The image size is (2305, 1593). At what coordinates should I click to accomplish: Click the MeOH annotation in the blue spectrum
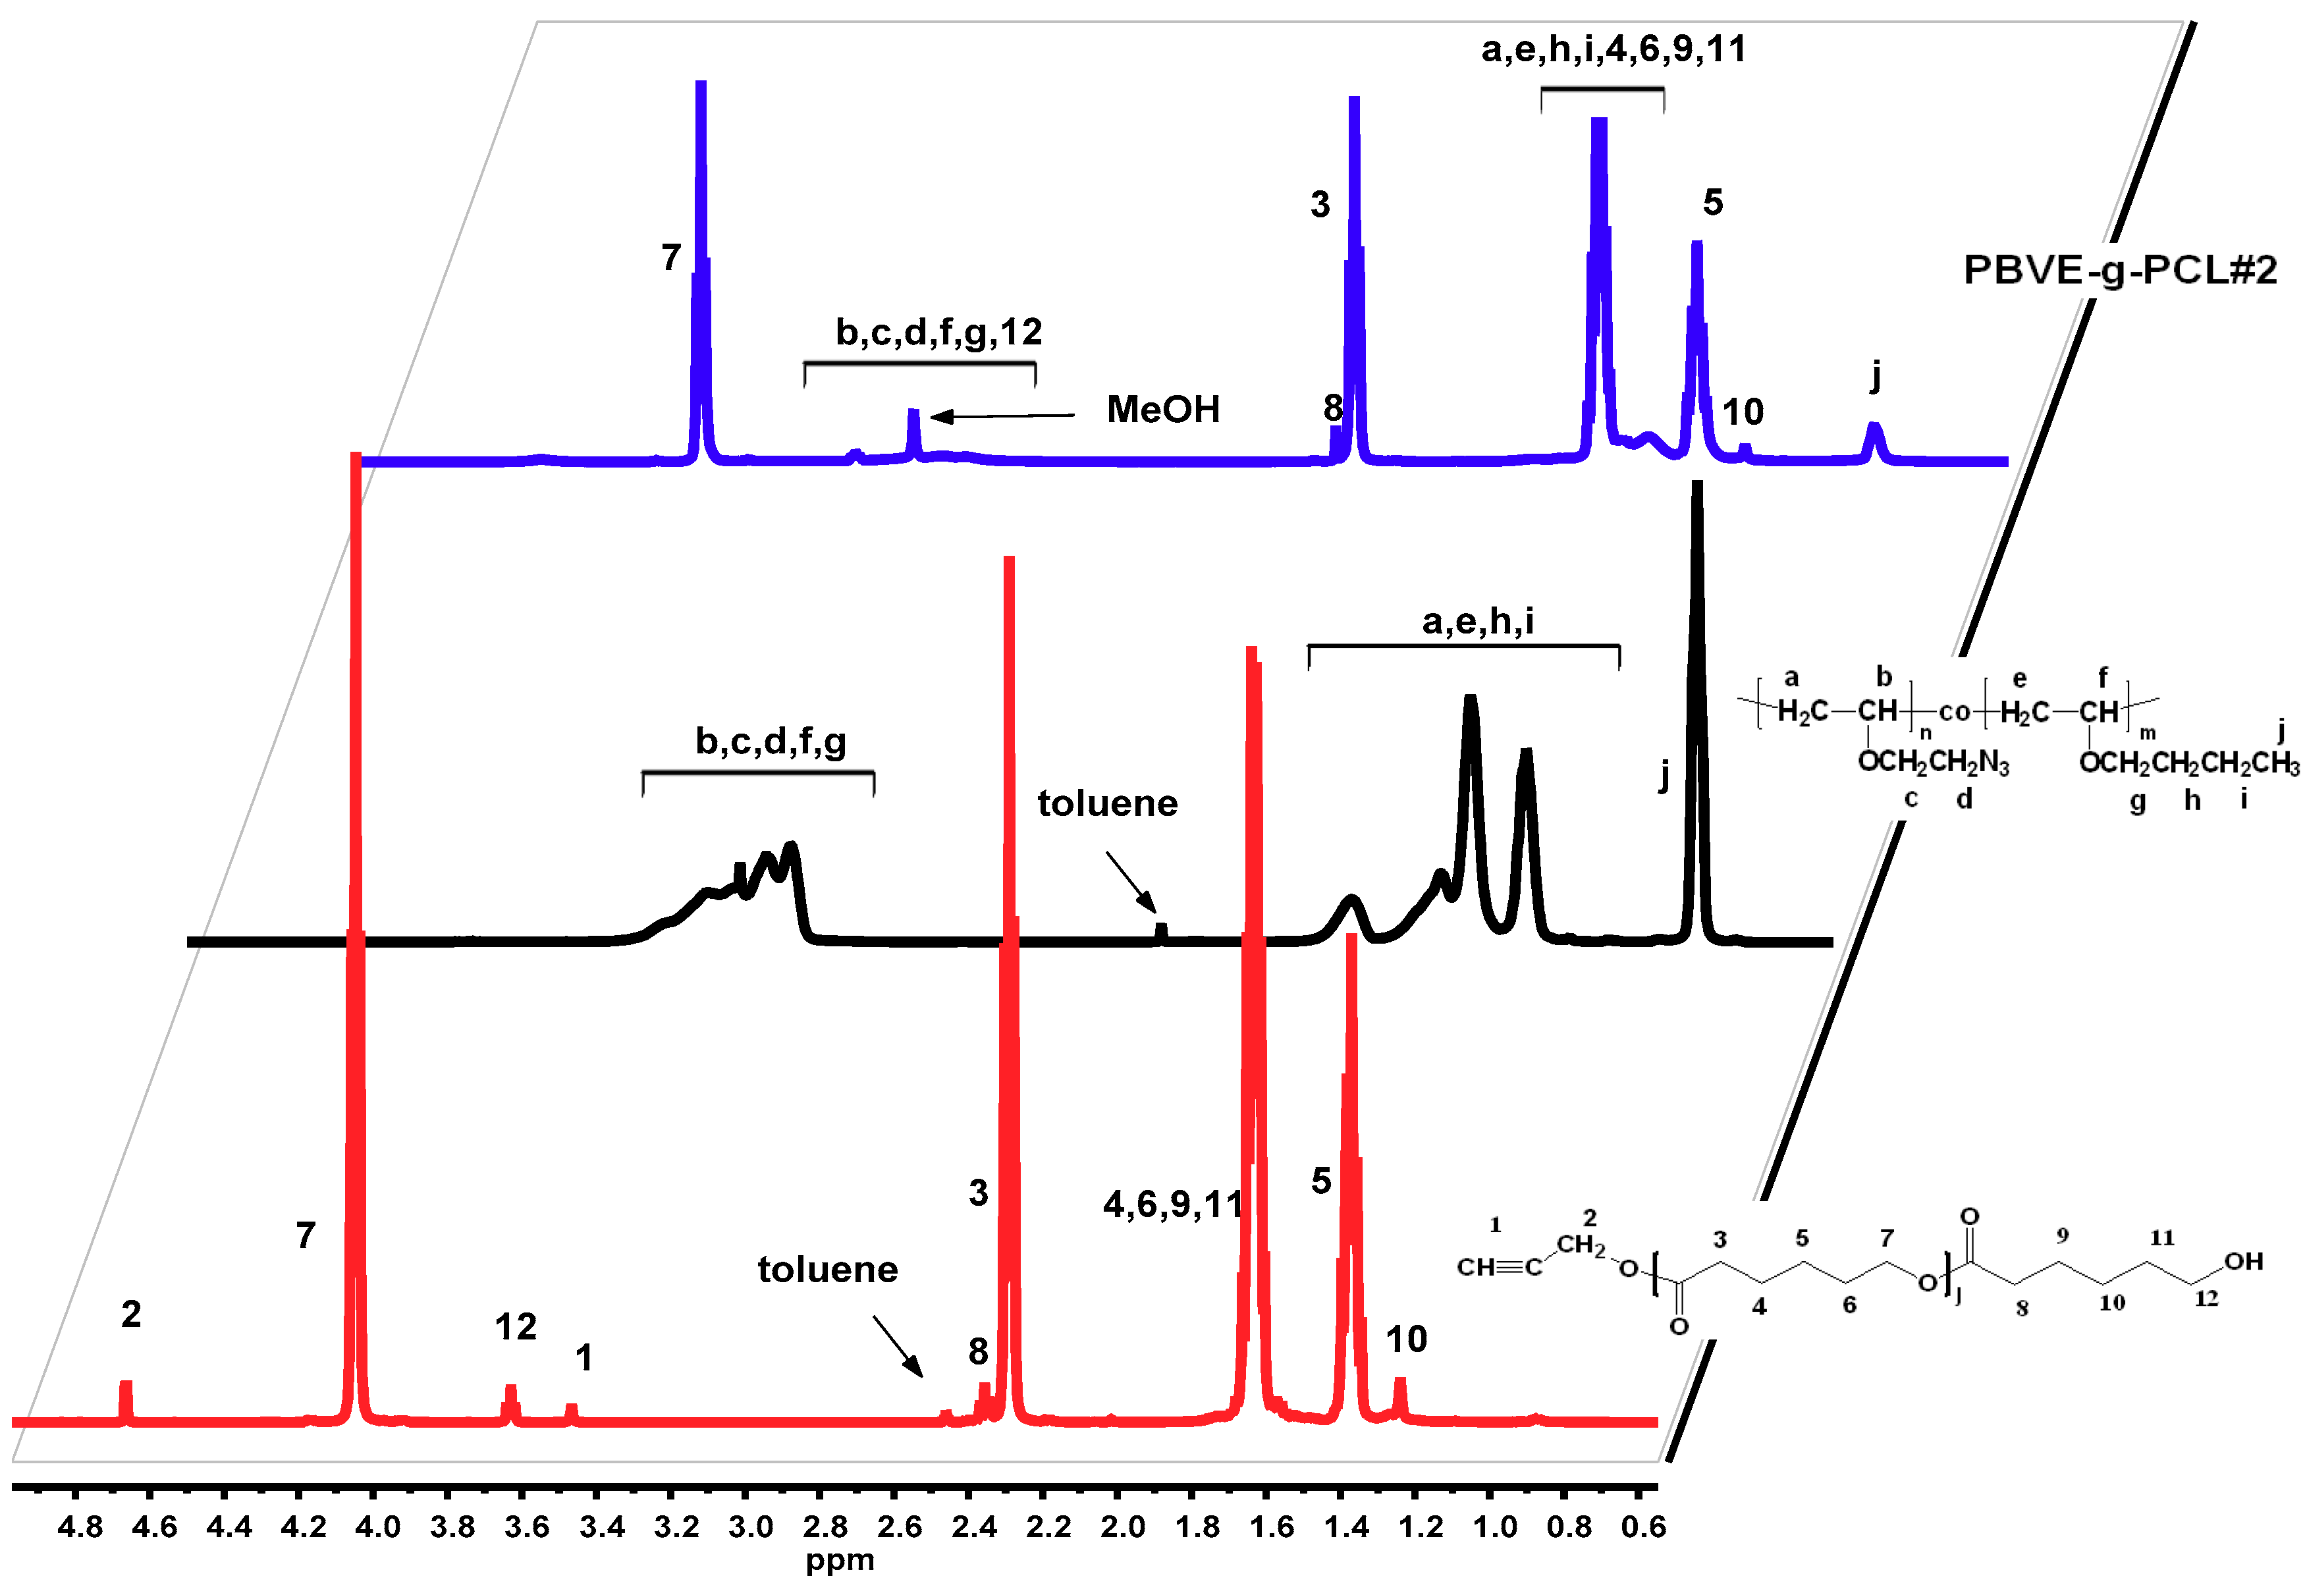click(1163, 409)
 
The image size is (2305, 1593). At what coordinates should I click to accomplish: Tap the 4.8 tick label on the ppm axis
click(80, 1527)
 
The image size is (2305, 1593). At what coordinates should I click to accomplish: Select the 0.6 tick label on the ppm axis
click(1643, 1527)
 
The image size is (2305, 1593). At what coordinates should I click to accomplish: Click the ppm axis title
click(840, 1561)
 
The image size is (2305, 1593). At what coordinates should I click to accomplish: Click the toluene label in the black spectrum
click(1107, 803)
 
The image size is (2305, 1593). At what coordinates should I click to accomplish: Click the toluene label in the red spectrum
click(828, 1270)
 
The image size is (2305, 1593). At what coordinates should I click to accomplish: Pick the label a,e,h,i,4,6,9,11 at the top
click(1613, 49)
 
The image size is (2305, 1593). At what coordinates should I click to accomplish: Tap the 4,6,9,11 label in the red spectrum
click(1173, 1204)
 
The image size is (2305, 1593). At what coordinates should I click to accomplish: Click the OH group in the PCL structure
click(2242, 1262)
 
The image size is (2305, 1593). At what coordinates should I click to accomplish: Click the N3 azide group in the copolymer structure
click(1993, 763)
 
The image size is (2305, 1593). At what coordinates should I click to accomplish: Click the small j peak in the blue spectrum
click(1874, 439)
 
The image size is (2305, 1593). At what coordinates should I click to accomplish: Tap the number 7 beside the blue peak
click(671, 257)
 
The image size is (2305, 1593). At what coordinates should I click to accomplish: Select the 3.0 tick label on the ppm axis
click(751, 1527)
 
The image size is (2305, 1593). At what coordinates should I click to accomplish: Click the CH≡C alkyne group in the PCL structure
click(1498, 1268)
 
